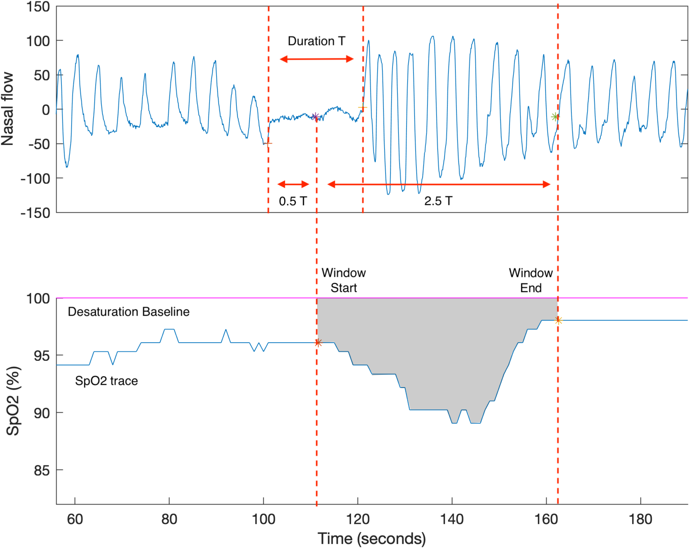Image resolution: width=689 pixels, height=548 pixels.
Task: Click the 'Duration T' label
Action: tap(316, 41)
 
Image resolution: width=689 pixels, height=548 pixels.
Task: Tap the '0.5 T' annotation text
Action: tap(293, 201)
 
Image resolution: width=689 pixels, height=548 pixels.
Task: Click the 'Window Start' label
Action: tap(344, 280)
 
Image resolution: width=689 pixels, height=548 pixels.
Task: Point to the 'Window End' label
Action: tap(530, 280)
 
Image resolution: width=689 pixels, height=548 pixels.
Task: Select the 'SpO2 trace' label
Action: tap(106, 381)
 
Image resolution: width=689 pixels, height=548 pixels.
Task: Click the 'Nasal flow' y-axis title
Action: tap(8, 109)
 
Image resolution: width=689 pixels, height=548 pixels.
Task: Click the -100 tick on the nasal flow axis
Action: tap(35, 179)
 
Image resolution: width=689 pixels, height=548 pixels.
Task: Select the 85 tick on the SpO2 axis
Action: tap(42, 471)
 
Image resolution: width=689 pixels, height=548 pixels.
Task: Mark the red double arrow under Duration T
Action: tap(316, 59)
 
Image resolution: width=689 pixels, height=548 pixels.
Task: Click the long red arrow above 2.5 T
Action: tap(439, 184)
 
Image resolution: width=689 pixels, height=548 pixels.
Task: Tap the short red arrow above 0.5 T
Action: tap(293, 184)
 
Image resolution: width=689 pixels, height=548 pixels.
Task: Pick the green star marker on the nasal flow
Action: tap(555, 117)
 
